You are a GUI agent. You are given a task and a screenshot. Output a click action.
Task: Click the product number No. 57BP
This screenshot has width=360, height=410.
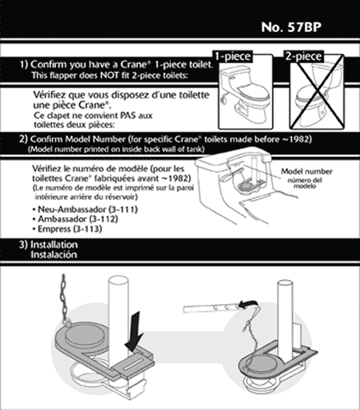[x=291, y=27]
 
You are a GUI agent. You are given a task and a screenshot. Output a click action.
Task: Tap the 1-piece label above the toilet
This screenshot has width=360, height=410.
[x=233, y=57]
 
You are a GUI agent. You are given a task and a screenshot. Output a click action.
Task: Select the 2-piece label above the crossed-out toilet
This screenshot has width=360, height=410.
[x=303, y=57]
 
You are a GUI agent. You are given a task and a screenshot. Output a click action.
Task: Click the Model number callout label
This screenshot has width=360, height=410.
[x=307, y=172]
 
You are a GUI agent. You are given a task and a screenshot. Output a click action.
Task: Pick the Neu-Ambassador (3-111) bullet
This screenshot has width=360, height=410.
[x=85, y=209]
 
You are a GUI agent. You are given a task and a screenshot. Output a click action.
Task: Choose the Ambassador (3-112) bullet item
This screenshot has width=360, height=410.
[x=75, y=219]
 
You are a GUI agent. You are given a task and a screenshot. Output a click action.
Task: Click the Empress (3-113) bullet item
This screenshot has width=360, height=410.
[x=67, y=229]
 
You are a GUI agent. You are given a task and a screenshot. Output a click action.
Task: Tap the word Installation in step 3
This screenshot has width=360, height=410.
[x=54, y=245]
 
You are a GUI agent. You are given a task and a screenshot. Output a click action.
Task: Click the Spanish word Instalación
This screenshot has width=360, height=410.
[x=54, y=255]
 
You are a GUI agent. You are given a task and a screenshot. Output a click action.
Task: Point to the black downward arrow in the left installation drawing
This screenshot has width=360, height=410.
[x=135, y=331]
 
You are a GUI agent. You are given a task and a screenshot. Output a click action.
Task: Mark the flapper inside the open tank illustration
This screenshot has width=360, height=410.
[x=246, y=185]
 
